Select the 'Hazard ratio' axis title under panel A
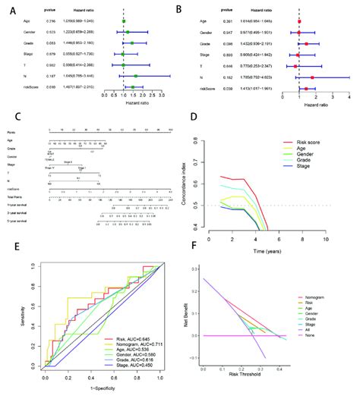(139, 106)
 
